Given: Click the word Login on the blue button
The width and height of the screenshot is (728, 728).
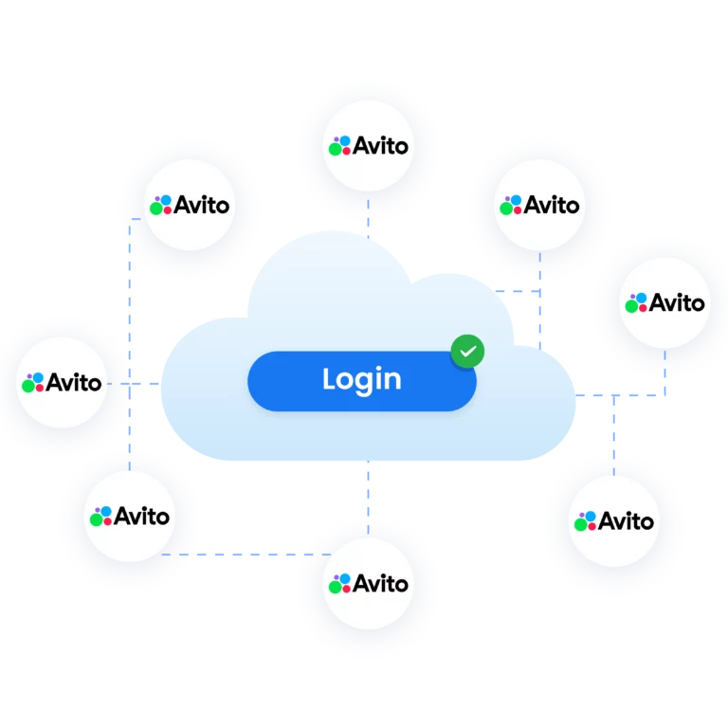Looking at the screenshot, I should (x=361, y=380).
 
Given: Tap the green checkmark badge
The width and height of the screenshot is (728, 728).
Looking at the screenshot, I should (x=466, y=352).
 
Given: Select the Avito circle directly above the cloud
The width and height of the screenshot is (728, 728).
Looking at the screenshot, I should (x=368, y=147).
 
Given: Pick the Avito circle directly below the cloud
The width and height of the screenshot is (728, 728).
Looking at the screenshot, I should (x=368, y=584).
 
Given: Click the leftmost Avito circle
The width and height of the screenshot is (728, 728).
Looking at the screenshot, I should (x=62, y=383).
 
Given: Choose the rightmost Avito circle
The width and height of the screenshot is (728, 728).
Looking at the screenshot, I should (x=664, y=303).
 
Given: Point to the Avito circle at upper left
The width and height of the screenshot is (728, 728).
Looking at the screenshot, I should (x=190, y=205).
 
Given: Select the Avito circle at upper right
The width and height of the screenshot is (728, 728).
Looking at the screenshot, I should (x=539, y=205).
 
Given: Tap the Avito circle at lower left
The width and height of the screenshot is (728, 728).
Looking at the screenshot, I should (x=130, y=517).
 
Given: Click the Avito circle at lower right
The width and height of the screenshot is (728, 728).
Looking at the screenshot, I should (x=613, y=521).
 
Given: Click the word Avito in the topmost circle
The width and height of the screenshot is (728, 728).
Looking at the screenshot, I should (x=381, y=147).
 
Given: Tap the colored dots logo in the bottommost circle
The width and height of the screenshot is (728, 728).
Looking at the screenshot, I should (x=339, y=584).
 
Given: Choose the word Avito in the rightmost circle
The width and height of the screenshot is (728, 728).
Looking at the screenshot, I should (x=678, y=303).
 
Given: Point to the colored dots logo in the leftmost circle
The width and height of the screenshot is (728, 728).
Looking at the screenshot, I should (x=33, y=383).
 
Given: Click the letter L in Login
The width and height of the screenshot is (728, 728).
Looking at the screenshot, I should (x=329, y=379).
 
